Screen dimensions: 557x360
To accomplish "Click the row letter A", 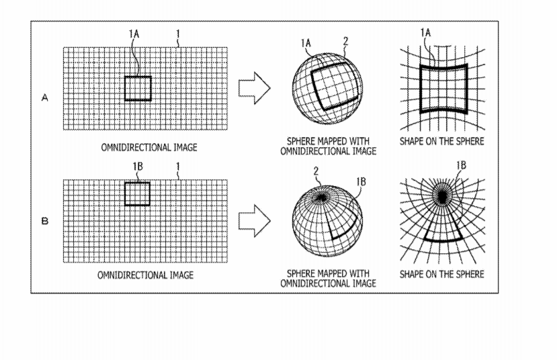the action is [45, 97].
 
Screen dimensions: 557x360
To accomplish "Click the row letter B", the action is [45, 221].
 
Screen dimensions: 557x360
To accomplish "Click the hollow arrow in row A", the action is [255, 88].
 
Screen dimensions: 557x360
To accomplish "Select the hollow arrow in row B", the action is [255, 220].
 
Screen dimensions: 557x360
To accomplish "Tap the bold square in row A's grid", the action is [125, 89].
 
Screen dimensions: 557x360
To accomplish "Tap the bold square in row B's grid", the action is [125, 194].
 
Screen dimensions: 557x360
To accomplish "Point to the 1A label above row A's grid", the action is [134, 34].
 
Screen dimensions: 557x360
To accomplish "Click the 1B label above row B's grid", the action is [138, 166].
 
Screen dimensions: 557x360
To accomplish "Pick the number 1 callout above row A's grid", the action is [178, 34].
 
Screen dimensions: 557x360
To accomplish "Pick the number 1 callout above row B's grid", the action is [178, 166].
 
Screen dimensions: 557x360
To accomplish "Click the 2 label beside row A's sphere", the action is [345, 42].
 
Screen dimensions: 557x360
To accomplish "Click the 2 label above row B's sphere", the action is [316, 171].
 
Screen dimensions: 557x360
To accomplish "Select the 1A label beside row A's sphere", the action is [306, 43].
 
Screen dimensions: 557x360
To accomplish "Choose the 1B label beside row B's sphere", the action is [361, 182].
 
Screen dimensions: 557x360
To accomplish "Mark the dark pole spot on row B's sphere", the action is [322, 197].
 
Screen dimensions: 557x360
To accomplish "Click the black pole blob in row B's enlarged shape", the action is [442, 196].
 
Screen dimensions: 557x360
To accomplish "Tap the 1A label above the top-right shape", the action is [425, 33].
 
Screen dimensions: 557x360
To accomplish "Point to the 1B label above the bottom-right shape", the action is [461, 165].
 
